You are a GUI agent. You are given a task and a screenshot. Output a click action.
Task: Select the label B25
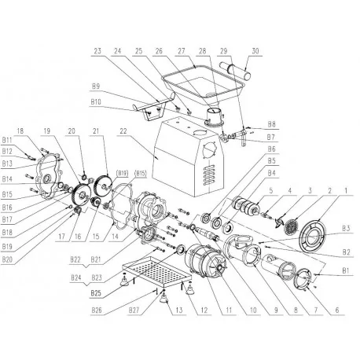coord(96,292)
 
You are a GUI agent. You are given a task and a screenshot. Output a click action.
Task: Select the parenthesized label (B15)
coord(141,171)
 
